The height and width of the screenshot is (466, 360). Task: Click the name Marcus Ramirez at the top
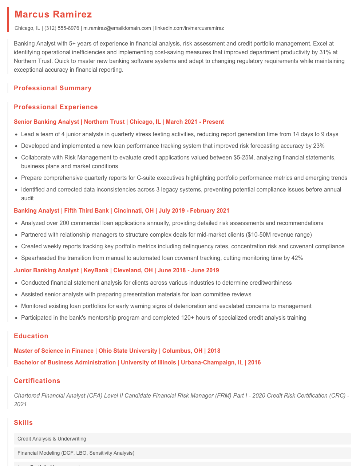tap(53, 15)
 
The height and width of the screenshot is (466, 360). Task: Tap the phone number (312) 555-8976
tap(62, 28)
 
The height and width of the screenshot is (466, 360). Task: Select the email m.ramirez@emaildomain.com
tap(117, 28)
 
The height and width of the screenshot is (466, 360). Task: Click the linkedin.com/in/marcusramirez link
tap(189, 28)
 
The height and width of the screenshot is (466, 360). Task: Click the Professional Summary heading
tap(53, 88)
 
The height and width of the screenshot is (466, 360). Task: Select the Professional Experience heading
tap(56, 107)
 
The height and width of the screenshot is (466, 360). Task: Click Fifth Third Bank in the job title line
tap(87, 211)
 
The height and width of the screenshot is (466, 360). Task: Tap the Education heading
tap(31, 336)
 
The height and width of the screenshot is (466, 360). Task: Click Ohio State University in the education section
tap(128, 351)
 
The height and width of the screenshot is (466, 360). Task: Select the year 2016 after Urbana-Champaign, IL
tap(254, 363)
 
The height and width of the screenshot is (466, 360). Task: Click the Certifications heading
tap(37, 381)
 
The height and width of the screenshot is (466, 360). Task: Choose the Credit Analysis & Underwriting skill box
tap(182, 439)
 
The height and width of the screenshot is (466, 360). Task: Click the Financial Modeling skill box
tap(182, 453)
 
